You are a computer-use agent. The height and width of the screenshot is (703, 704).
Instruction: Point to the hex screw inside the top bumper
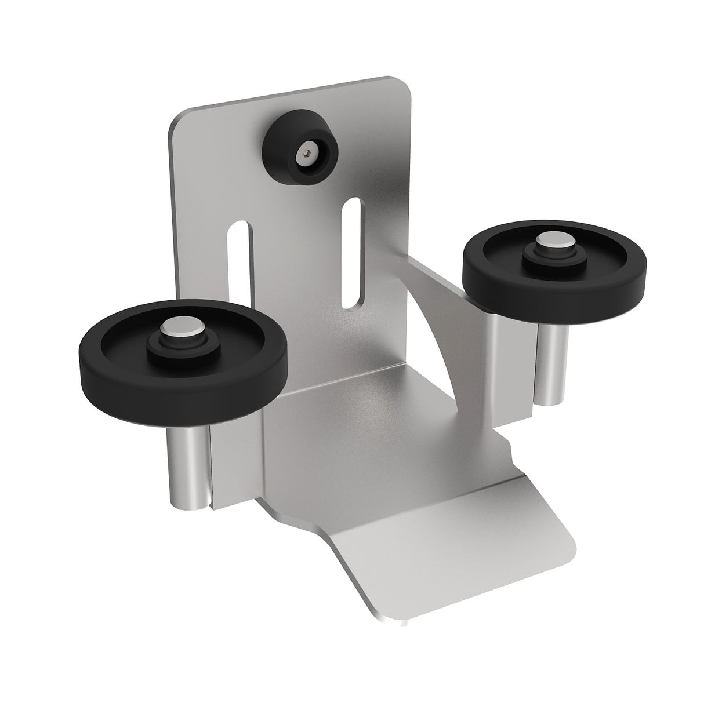[x=306, y=154]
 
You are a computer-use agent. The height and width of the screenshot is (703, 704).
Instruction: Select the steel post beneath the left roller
[x=184, y=464]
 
